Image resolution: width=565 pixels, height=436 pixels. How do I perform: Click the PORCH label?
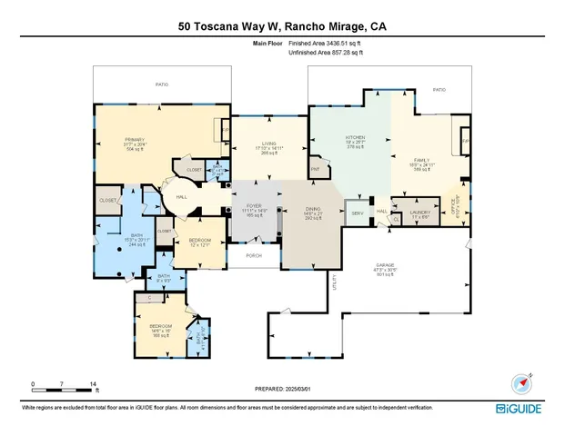point(254,255)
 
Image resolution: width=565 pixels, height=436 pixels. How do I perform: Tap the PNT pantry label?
point(315,168)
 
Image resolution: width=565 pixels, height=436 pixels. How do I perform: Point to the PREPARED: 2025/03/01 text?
point(282,391)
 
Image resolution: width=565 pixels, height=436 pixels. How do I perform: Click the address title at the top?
point(282,26)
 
